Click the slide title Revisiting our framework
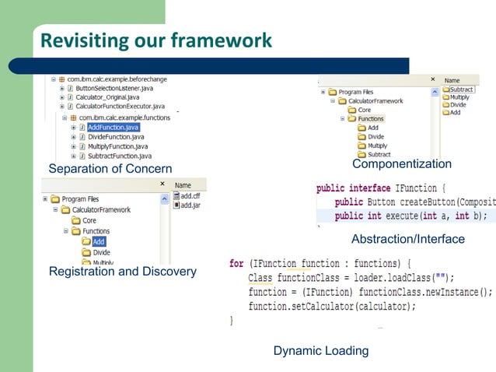pos(155,40)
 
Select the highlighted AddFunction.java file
pos(113,127)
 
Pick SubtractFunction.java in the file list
pos(119,156)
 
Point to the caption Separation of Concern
pos(110,170)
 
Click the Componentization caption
pos(401,164)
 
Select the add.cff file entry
pos(190,196)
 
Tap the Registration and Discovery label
pos(122,272)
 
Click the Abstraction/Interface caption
pos(407,239)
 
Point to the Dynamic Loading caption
pos(320,351)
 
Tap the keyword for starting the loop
pos(236,263)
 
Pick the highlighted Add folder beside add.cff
pos(99,242)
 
